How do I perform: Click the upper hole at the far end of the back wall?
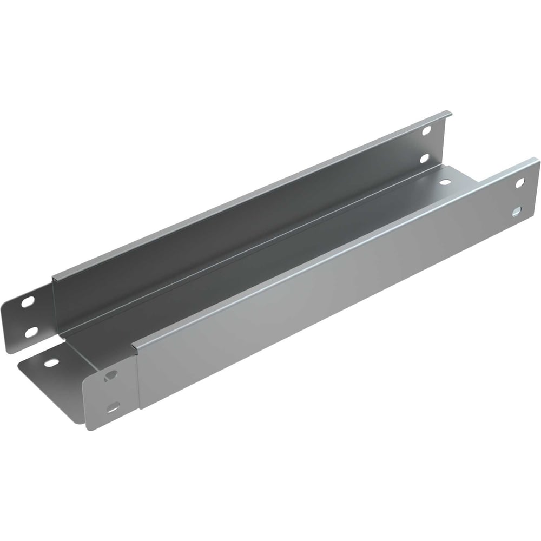pyautogui.click(x=427, y=130)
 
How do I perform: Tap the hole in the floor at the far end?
pyautogui.click(x=445, y=182)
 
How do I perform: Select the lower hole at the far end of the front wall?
pyautogui.click(x=517, y=212)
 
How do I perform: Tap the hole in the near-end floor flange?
pyautogui.click(x=51, y=362)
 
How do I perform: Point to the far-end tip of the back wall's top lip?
pyautogui.click(x=449, y=113)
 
